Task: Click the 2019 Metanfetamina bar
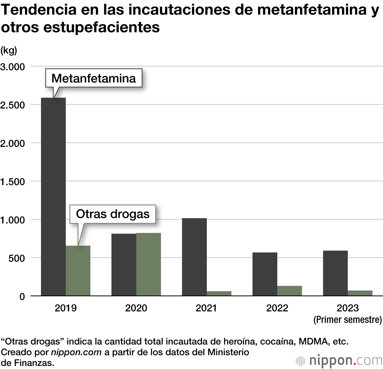coord(53,197)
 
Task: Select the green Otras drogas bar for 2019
coord(78,271)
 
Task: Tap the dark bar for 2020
coord(124,265)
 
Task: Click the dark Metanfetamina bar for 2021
coord(194,257)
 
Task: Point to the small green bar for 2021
coord(219,293)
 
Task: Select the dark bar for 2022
coord(265,274)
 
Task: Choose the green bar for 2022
coord(290,291)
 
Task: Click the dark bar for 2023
coord(335,273)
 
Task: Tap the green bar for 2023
coord(360,293)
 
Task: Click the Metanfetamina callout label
coord(93,78)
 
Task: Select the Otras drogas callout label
coord(113,214)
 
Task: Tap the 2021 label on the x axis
coord(206,308)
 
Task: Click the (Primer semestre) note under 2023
coord(347,319)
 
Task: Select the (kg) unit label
coord(9,50)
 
